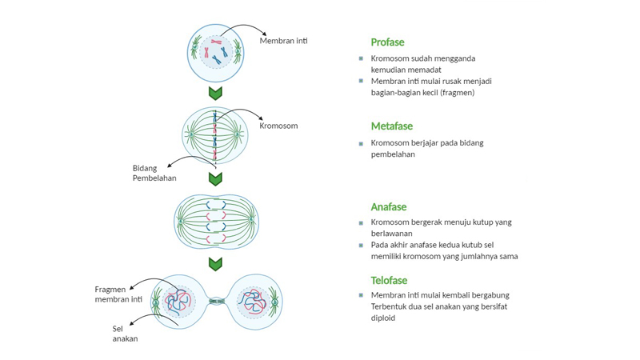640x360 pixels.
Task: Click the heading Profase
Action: pyautogui.click(x=387, y=42)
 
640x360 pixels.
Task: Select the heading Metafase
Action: pyautogui.click(x=391, y=126)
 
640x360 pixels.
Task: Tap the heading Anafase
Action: pyautogui.click(x=389, y=207)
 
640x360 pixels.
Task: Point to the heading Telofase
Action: pyautogui.click(x=389, y=281)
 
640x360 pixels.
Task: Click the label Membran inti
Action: pyautogui.click(x=283, y=41)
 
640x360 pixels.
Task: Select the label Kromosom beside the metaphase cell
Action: pyautogui.click(x=278, y=126)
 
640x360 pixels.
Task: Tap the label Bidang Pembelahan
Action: pyautogui.click(x=154, y=173)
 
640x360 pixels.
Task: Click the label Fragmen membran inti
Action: pyautogui.click(x=118, y=294)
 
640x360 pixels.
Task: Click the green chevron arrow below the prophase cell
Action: pyautogui.click(x=215, y=93)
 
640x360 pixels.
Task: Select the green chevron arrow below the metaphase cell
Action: pyautogui.click(x=215, y=178)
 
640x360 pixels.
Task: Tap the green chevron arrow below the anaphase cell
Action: pyautogui.click(x=215, y=263)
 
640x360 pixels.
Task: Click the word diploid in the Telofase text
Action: pyautogui.click(x=382, y=318)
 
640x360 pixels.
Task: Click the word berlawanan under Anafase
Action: pyautogui.click(x=391, y=234)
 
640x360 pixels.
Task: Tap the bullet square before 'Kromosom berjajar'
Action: pyautogui.click(x=362, y=144)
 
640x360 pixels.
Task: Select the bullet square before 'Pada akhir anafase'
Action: pyautogui.click(x=362, y=246)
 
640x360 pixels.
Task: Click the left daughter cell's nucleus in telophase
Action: pyautogui.click(x=178, y=302)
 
